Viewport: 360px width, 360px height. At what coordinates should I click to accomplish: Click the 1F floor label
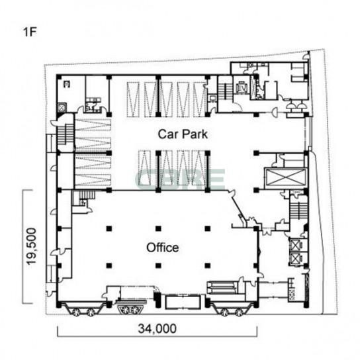(30, 32)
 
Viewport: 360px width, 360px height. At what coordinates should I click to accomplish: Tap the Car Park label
(183, 134)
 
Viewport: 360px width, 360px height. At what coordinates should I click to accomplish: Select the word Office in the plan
(163, 247)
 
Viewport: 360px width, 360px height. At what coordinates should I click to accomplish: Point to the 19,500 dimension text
(32, 246)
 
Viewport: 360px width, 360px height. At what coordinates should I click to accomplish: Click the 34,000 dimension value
(157, 328)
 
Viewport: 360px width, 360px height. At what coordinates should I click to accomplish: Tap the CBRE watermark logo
(180, 179)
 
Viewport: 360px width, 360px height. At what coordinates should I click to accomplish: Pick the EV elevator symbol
(241, 87)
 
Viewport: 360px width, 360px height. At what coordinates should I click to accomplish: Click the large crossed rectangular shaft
(286, 177)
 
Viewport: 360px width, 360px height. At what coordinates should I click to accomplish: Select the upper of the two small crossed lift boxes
(296, 246)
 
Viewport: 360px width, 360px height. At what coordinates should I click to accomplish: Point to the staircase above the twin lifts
(298, 210)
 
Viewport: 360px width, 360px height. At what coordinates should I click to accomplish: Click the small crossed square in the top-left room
(62, 107)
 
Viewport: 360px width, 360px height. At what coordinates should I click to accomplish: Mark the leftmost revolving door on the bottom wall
(75, 312)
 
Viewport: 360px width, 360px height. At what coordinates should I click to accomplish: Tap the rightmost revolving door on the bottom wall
(240, 312)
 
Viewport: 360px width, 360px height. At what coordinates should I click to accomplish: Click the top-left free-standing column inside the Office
(109, 228)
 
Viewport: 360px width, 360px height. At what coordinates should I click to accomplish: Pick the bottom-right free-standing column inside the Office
(208, 265)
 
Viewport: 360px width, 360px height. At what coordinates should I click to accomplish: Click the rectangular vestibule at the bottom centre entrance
(183, 302)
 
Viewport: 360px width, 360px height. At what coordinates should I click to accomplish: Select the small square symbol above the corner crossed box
(67, 85)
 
